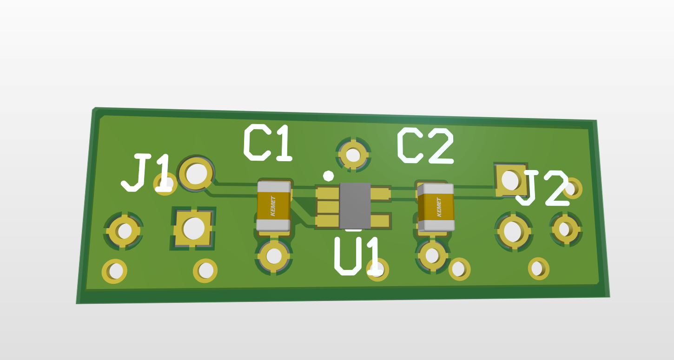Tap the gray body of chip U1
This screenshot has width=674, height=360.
point(355,205)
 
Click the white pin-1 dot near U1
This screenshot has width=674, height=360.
point(328,176)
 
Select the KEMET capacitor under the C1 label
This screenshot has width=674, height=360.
point(273,206)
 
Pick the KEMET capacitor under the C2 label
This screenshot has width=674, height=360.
point(436,207)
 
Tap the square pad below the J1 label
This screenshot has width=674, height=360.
point(193,228)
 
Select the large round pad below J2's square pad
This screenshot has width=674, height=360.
point(513,231)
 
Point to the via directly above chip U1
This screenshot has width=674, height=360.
point(353,154)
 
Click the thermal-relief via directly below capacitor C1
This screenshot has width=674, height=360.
point(274,255)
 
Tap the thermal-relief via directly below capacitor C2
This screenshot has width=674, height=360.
point(432,255)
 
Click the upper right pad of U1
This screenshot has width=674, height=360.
point(380,194)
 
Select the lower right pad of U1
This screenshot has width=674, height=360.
point(380,221)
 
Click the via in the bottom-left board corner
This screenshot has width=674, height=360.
point(115,271)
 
